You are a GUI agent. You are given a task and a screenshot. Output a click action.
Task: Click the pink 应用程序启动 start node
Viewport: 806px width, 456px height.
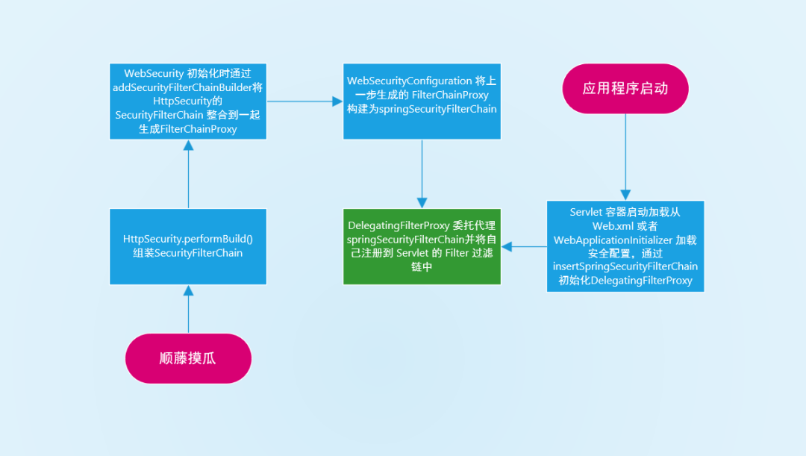coord(625,88)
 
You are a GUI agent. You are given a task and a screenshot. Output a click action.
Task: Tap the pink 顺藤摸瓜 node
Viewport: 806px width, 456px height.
coord(188,358)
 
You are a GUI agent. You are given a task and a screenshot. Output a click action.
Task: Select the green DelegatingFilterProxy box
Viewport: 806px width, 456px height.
coord(422,246)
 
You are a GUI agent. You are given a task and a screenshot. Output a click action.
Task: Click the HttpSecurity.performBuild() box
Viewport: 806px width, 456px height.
coord(188,246)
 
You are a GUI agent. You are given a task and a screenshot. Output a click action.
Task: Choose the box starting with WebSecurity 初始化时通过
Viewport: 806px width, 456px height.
coord(188,101)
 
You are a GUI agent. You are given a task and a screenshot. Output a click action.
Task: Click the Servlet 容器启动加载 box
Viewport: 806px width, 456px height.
coord(625,246)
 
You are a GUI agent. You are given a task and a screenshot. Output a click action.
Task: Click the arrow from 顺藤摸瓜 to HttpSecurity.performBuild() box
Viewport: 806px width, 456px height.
coord(188,309)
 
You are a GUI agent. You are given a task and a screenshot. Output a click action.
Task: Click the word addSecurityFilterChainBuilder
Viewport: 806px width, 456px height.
coord(182,87)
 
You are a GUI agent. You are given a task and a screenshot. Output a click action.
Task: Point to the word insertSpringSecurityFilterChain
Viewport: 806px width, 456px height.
coord(625,266)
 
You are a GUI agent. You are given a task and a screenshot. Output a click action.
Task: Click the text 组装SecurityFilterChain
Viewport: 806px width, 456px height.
coord(188,253)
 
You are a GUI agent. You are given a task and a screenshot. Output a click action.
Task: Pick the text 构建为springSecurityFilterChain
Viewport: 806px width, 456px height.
coord(422,108)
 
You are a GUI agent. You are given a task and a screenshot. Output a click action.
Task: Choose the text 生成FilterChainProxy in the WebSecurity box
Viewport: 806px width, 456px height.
coord(188,129)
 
